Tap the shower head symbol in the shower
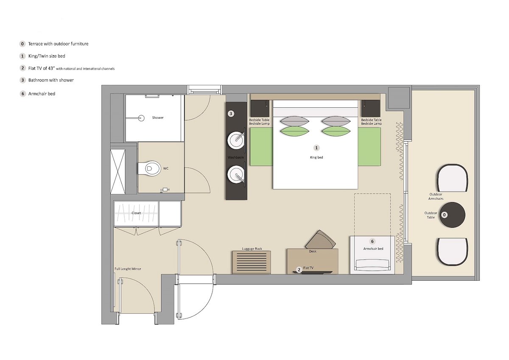[142, 118]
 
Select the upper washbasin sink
[236, 140]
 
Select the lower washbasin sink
[236, 174]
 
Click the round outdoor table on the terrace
[452, 215]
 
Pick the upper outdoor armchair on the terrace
[452, 178]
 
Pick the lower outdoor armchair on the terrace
[452, 251]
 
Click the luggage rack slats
[251, 262]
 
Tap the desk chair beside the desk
[320, 240]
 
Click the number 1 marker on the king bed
[316, 148]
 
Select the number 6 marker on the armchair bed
[372, 241]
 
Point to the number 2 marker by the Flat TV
[299, 270]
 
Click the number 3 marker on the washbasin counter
[231, 114]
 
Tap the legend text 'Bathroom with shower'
[51, 80]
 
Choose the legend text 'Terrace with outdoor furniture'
[58, 44]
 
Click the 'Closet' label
[136, 213]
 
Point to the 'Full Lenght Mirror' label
[128, 269]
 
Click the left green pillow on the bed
[295, 131]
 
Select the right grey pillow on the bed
[336, 121]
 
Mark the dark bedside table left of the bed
[260, 109]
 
